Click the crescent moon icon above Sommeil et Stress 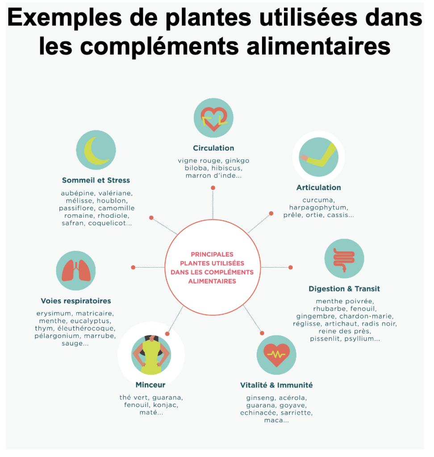click(x=96, y=150)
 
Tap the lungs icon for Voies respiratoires click(x=76, y=270)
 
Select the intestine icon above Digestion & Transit click(x=344, y=259)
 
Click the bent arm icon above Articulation click(x=318, y=157)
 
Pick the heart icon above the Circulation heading click(x=213, y=118)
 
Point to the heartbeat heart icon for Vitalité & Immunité click(x=276, y=355)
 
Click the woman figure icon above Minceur click(x=151, y=355)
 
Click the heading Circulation click(x=213, y=148)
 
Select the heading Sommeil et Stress click(x=96, y=180)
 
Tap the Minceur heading click(x=150, y=385)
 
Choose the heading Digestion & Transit click(x=344, y=289)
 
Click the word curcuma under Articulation click(x=318, y=200)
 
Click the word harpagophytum click(x=318, y=208)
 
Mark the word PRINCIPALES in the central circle click(x=212, y=254)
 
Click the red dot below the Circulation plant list click(x=213, y=188)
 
